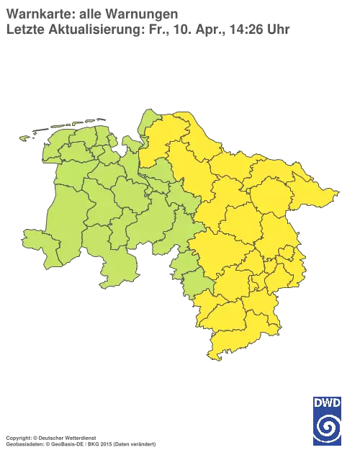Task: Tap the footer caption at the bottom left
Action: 79,437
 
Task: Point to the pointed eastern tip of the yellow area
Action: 335,192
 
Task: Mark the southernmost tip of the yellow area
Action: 211,358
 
